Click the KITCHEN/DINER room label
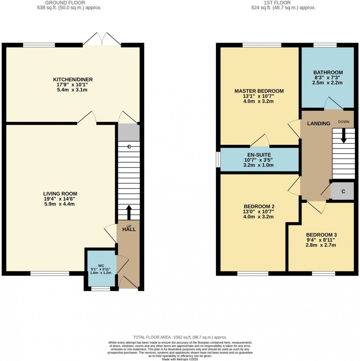pos(73,79)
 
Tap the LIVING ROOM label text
pos(60,194)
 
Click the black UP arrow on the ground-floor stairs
pos(129,212)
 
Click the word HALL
pos(129,230)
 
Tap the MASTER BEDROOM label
pos(259,91)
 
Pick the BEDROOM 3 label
pos(321,235)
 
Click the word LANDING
pos(318,123)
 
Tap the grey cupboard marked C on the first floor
pos(342,191)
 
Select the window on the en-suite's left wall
pos(218,159)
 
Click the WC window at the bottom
pos(101,289)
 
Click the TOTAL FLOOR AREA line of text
pos(180,337)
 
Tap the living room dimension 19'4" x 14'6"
pos(60,199)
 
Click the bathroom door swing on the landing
pos(334,104)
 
